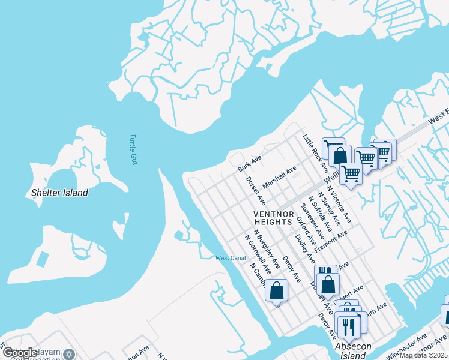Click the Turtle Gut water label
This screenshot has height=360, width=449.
coord(133,148)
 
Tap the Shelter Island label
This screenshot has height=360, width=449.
coord(59,193)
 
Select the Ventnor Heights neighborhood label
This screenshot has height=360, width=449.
coord(273,218)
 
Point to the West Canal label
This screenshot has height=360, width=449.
coord(231,258)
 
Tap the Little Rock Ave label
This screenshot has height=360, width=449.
coord(315,153)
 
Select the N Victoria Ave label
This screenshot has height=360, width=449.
coord(338,208)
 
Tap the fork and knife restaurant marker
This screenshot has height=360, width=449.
coord(346,326)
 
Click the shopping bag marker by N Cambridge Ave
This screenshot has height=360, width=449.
coord(276,290)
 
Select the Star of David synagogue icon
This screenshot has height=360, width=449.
coord(69,355)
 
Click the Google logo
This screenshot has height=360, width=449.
coord(20,353)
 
